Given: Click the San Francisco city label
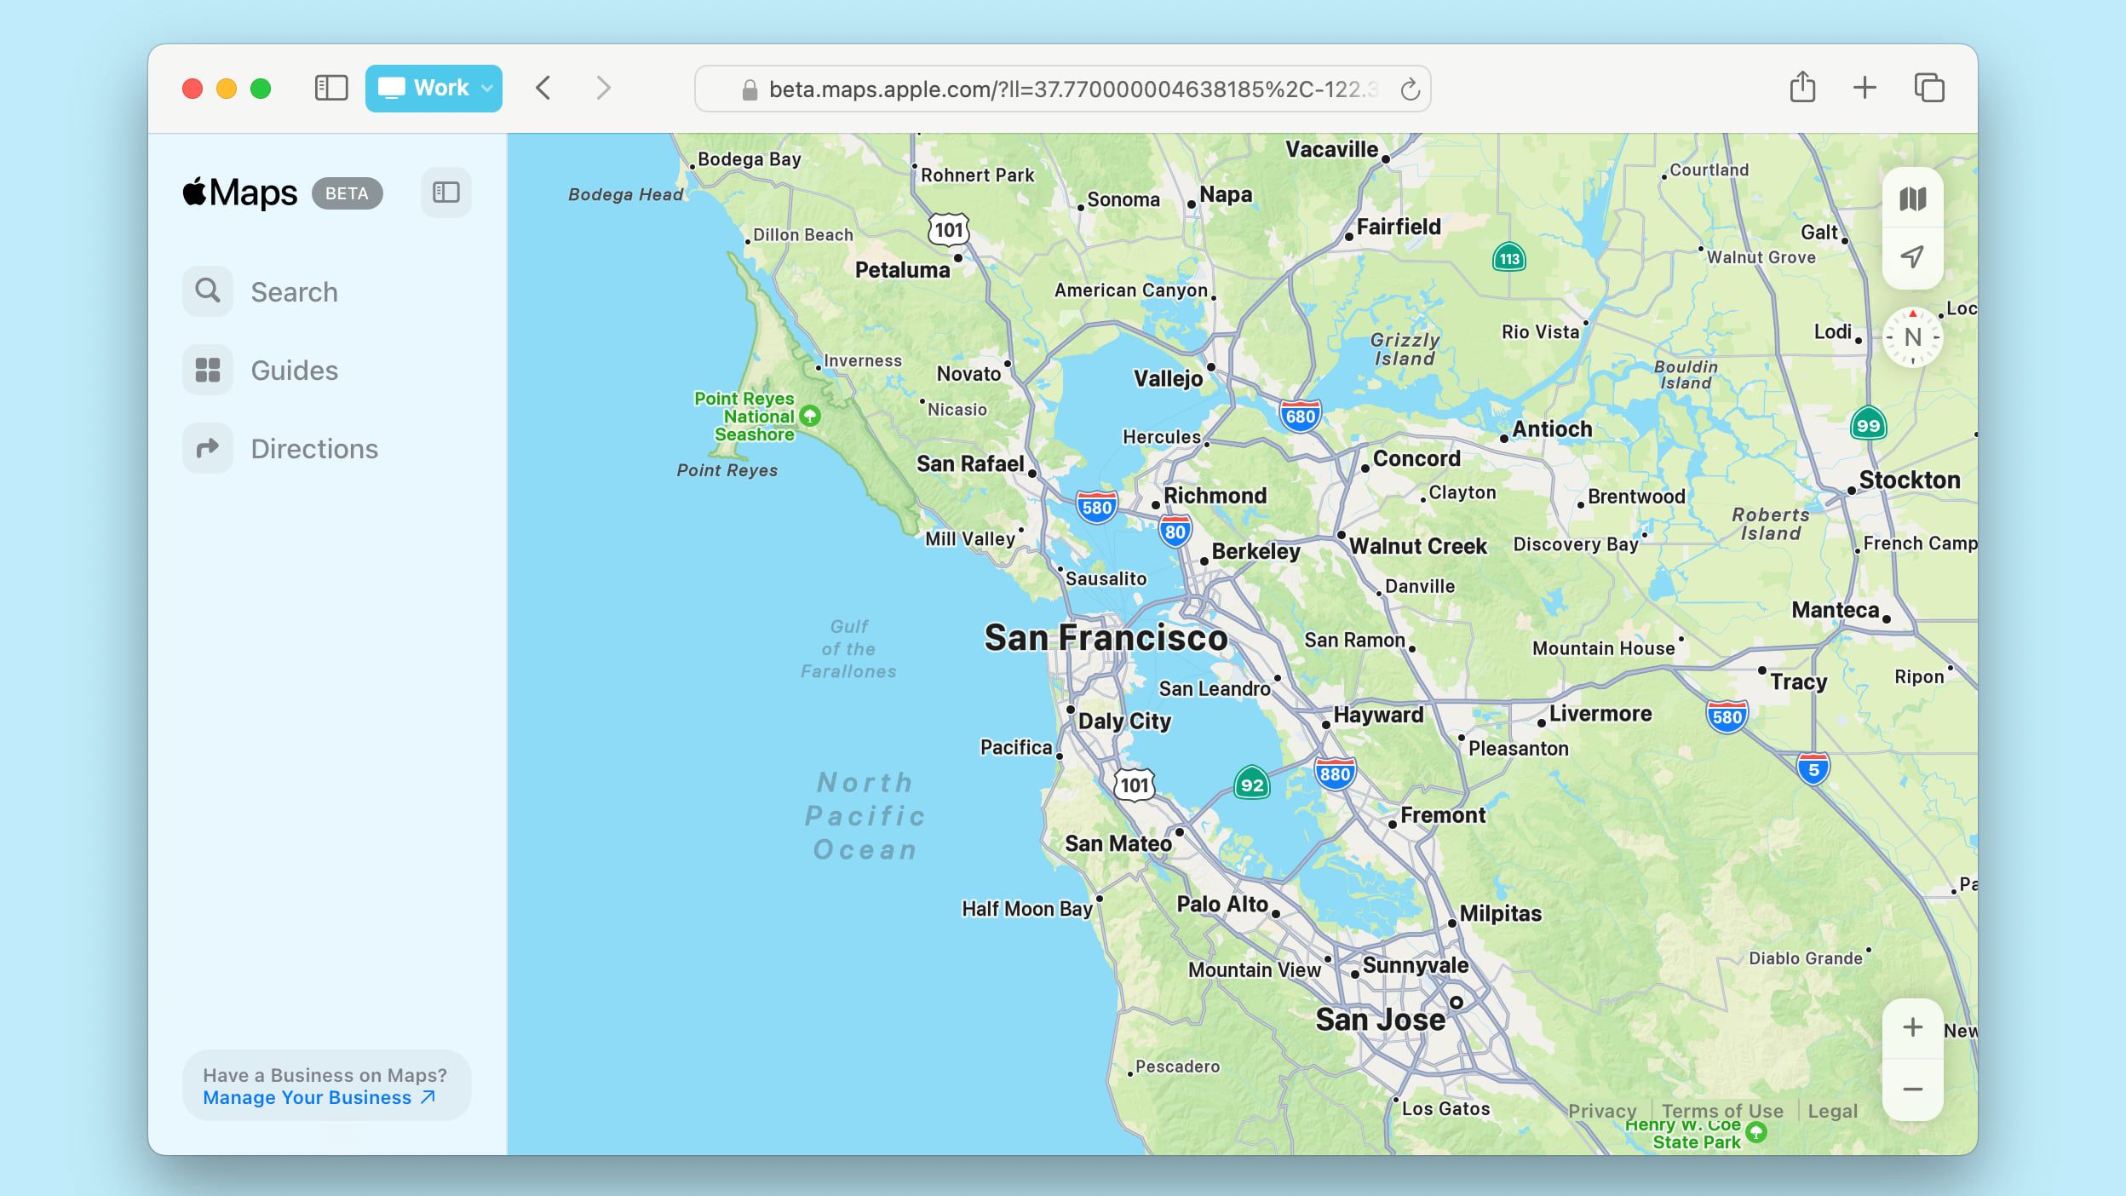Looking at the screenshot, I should click(x=1106, y=638).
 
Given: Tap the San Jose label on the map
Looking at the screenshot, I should click(x=1380, y=1020).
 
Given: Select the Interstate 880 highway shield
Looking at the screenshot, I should click(x=1335, y=773).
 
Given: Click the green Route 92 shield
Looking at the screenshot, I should click(x=1251, y=784).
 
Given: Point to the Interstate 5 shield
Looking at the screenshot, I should click(x=1813, y=769).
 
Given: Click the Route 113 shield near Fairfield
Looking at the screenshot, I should click(x=1509, y=258).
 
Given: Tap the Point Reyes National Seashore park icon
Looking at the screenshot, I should click(x=810, y=416).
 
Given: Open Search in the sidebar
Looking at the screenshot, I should click(x=293, y=292).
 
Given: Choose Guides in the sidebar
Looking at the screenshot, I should click(x=293, y=371).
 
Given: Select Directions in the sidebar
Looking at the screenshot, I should click(x=313, y=449).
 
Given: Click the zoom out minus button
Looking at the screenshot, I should click(x=1912, y=1090).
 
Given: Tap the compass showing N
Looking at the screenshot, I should click(x=1912, y=337).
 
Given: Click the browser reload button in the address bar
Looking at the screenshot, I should click(x=1410, y=89).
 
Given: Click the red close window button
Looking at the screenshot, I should click(x=192, y=89).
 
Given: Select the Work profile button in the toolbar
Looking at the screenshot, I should click(x=434, y=89).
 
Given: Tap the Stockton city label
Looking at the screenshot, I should click(x=1909, y=480).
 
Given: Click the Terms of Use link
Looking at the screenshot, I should click(x=1721, y=1111).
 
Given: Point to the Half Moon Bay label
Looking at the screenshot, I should click(x=1026, y=909).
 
